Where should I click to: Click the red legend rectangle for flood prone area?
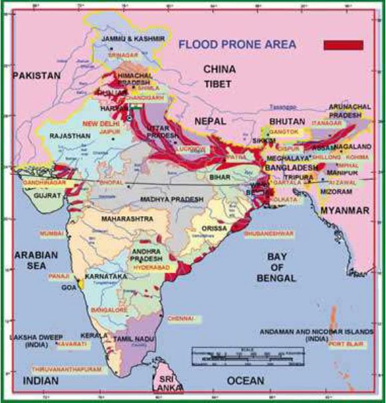point(343,45)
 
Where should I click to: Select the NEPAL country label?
point(211,121)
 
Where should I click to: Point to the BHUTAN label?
point(286,122)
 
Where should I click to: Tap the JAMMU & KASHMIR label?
point(124,40)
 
